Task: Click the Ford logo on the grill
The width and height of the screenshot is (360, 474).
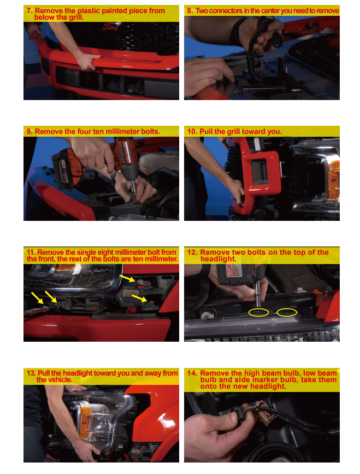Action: coord(110,27)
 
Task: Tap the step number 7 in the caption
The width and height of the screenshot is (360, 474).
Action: coord(29,11)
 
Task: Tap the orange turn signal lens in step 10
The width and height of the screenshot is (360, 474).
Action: coord(333,179)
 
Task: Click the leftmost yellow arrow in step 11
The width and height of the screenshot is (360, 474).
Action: coord(37,298)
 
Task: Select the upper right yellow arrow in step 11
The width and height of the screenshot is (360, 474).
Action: coord(127,278)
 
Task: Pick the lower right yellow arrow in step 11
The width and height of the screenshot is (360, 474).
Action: coord(139,299)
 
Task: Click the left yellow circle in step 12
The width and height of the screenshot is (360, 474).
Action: coord(258,313)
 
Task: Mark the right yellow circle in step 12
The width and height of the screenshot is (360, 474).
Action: coord(287,312)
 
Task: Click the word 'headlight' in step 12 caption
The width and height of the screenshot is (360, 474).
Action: coord(218,259)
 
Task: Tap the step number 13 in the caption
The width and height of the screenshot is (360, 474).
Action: coord(31,373)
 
